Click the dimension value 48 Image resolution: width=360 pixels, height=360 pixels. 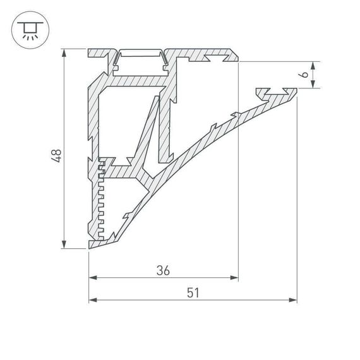pos(57,155)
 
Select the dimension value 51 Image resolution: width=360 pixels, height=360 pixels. pos(193,292)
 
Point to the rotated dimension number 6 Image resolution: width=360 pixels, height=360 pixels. pos(304,75)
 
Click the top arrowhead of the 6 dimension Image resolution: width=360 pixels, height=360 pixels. pos(314,64)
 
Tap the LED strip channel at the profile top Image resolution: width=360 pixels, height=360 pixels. pos(140,59)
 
